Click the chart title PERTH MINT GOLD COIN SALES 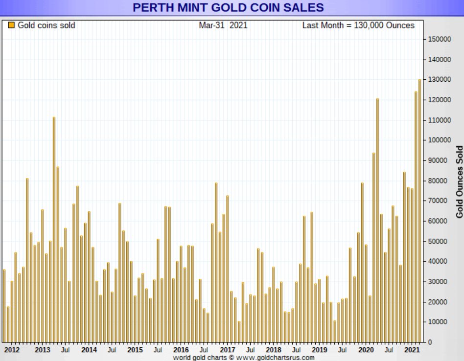[228, 8]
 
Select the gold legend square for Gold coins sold [11, 25]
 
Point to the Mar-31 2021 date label [223, 25]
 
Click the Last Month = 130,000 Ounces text [358, 25]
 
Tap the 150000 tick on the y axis [439, 39]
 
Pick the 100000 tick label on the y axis [439, 140]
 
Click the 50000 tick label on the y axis [439, 241]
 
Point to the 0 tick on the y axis [430, 342]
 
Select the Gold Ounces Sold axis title [459, 181]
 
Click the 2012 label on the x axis [12, 350]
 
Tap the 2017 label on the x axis [227, 350]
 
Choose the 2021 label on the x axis [412, 350]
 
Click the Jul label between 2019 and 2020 [343, 350]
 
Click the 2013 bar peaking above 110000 [54, 230]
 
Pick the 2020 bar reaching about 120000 [377, 220]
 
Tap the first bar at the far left [4, 306]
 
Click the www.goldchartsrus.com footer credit [243, 358]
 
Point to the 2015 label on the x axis [135, 350]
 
